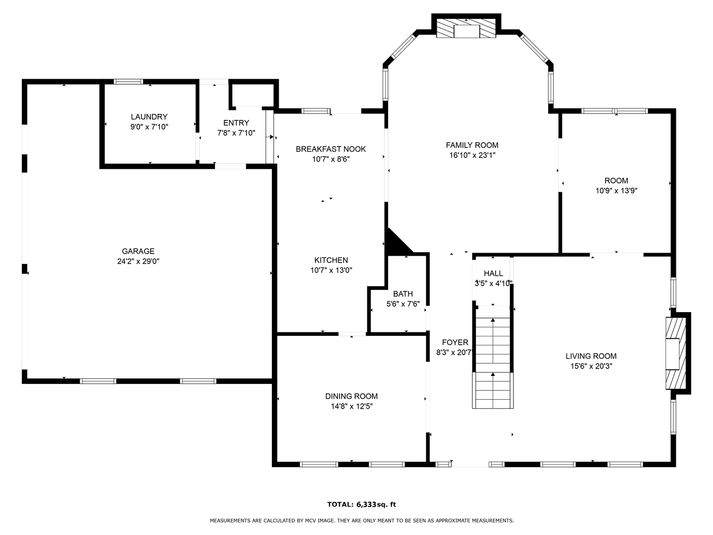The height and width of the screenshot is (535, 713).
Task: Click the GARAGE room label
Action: coord(138,251)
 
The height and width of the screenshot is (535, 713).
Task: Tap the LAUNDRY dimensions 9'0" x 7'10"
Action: coord(150,127)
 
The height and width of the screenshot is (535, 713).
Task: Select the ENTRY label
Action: coord(236,123)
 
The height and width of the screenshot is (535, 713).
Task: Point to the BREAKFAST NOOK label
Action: coord(331,149)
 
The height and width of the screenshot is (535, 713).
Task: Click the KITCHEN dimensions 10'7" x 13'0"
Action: coord(331,270)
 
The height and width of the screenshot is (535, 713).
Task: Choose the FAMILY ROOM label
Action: coord(472,145)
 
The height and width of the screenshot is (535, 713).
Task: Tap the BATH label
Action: coord(403,294)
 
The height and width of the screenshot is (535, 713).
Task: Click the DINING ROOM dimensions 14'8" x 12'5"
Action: coord(352,406)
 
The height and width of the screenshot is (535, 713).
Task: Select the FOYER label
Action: coord(455,342)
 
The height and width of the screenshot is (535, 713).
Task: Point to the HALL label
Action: coord(494,273)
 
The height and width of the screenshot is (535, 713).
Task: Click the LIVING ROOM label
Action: coord(591,356)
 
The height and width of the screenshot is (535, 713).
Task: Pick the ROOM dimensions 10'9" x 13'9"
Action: coord(616,191)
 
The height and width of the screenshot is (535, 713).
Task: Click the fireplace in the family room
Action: coord(466,28)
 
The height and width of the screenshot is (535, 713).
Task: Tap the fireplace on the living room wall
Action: coord(676,353)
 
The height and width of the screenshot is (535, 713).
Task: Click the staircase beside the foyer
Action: coord(493,357)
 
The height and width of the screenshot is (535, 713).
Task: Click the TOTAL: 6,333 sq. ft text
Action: coord(361,504)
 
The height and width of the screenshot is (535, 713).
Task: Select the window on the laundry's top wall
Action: coord(128,82)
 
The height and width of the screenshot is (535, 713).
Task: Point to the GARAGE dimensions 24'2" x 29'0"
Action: coord(138,261)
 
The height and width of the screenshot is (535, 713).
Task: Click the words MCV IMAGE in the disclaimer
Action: coord(319,520)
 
